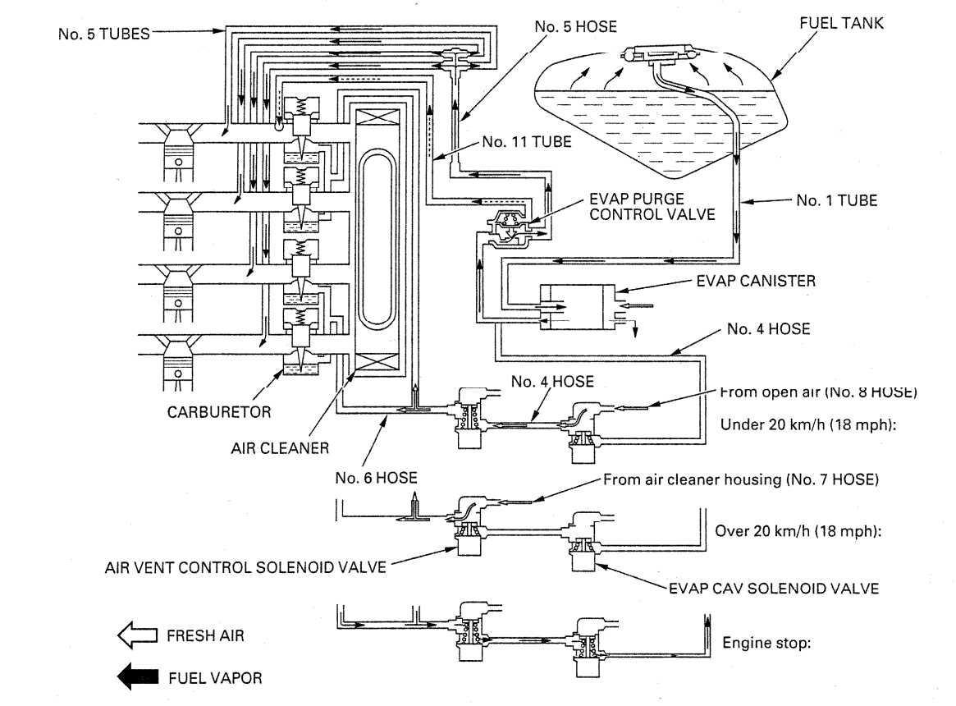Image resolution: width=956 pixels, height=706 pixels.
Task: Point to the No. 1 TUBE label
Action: [836, 200]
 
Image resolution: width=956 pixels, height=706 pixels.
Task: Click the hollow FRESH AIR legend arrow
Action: [136, 635]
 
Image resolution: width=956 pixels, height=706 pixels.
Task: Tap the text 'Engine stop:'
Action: [766, 643]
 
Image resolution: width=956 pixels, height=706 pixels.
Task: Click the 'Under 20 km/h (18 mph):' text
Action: [802, 425]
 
